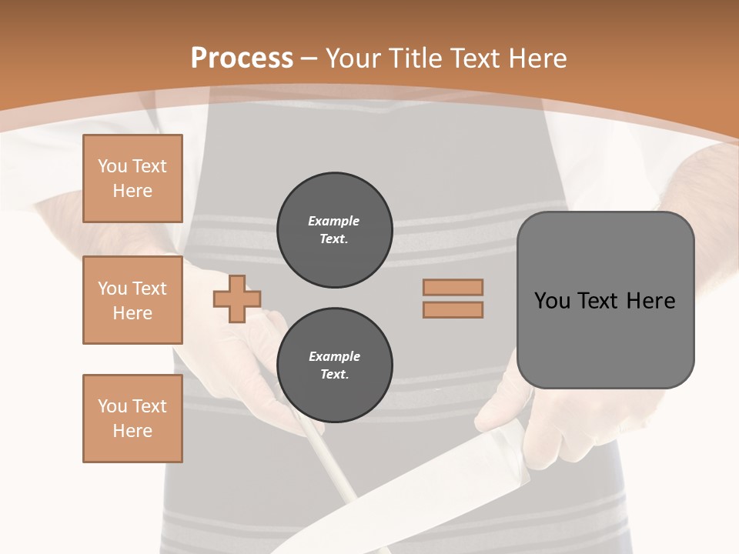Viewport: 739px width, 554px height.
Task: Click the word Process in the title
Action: (x=242, y=58)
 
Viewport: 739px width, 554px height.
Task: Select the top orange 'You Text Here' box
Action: (x=132, y=179)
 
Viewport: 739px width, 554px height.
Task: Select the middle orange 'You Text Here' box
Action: (x=132, y=300)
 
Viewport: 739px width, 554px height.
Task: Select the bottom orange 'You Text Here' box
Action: (x=132, y=419)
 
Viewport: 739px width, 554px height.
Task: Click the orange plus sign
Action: (x=237, y=299)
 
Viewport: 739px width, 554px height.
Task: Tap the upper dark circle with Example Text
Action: (x=334, y=230)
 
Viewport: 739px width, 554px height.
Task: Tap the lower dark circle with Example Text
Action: (x=334, y=365)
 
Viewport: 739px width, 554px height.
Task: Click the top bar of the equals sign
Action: (x=453, y=287)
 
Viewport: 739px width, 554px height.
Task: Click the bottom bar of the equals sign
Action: (x=453, y=309)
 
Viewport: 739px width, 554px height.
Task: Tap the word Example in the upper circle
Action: (x=333, y=221)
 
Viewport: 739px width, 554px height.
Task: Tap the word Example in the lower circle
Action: (x=334, y=356)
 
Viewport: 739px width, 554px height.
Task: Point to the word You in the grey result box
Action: (x=552, y=301)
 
